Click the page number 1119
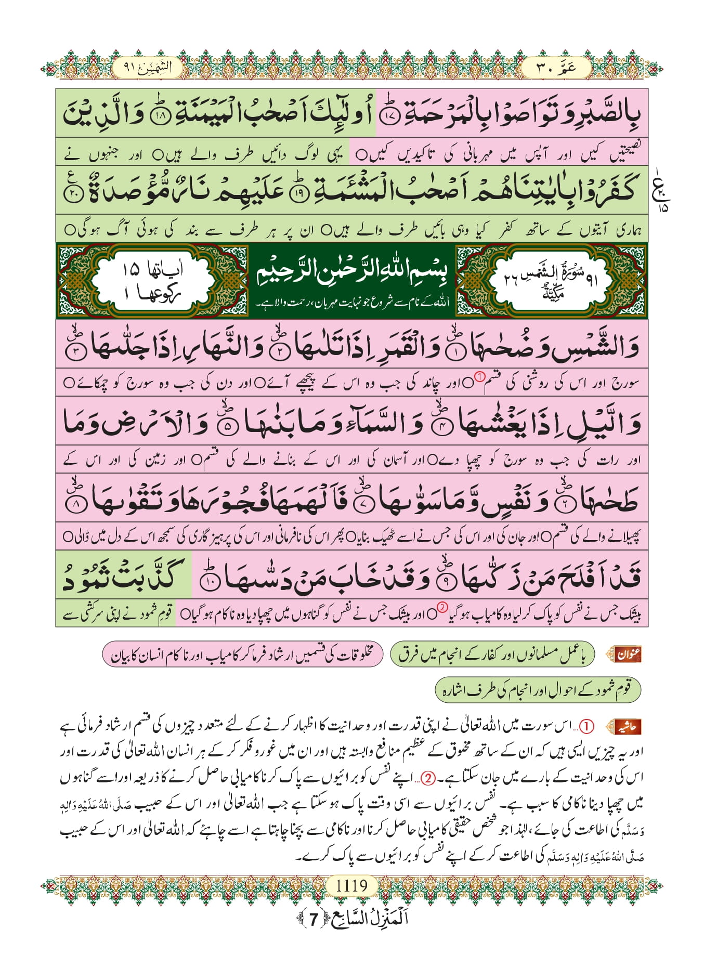351,885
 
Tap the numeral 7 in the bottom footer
313,920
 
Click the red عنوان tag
628,654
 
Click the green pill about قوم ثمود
537,690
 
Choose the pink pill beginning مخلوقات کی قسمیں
242,654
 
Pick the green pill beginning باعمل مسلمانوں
492,654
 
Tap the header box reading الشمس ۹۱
148,68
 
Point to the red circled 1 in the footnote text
586,726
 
